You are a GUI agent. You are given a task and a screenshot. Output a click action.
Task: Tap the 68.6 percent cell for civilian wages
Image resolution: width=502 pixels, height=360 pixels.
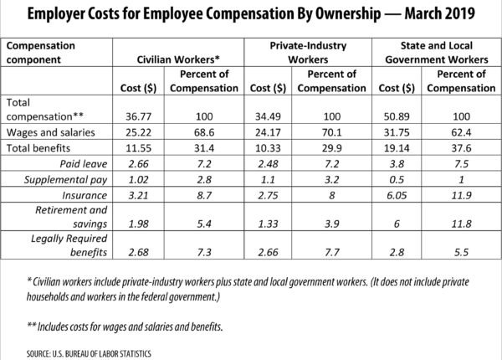click(x=206, y=131)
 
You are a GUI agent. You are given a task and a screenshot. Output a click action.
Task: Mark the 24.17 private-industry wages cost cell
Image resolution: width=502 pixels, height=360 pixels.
click(x=270, y=131)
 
